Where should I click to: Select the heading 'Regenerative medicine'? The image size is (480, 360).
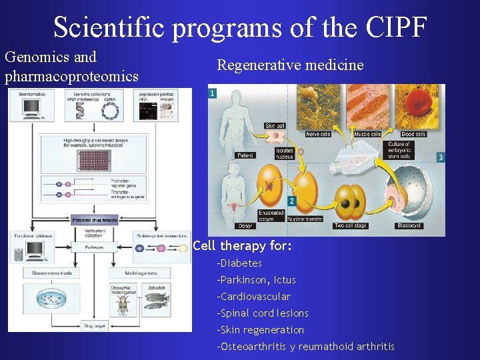[290, 65]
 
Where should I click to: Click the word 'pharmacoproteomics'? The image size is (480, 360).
[72, 76]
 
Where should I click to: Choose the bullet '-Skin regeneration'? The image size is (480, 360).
[260, 330]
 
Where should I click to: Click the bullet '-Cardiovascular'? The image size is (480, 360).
[253, 296]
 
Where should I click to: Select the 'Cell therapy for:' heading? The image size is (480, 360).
[242, 246]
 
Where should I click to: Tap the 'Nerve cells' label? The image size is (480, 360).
[318, 134]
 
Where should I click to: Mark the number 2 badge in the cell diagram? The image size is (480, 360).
[291, 201]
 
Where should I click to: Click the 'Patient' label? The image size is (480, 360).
[245, 155]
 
